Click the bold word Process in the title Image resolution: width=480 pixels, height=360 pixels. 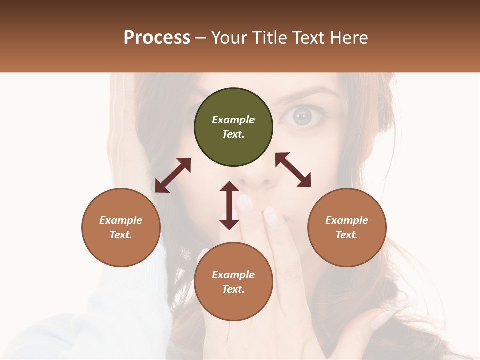(157, 38)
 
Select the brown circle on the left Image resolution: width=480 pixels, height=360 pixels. (121, 227)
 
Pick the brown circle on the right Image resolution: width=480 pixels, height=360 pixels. (347, 227)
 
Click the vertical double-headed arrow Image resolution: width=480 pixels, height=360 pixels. (229, 205)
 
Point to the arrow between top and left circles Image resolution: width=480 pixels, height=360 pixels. (173, 175)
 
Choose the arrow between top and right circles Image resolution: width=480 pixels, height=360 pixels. (293, 170)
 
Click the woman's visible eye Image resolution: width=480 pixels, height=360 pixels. (302, 116)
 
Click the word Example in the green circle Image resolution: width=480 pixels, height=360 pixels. (233, 120)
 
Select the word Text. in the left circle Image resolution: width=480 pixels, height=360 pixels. (121, 235)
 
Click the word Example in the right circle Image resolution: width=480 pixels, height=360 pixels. (347, 220)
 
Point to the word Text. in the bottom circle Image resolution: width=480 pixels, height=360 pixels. (233, 289)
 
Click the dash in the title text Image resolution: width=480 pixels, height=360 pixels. (201, 38)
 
